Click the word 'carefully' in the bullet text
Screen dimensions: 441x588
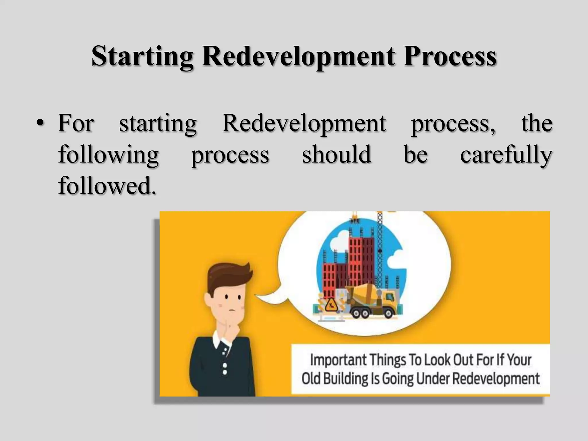coord(506,155)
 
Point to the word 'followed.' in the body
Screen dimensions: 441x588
coord(107,186)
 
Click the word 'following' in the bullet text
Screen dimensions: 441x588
coord(108,155)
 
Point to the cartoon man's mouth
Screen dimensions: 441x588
coord(232,311)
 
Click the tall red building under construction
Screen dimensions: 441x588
coord(361,258)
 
